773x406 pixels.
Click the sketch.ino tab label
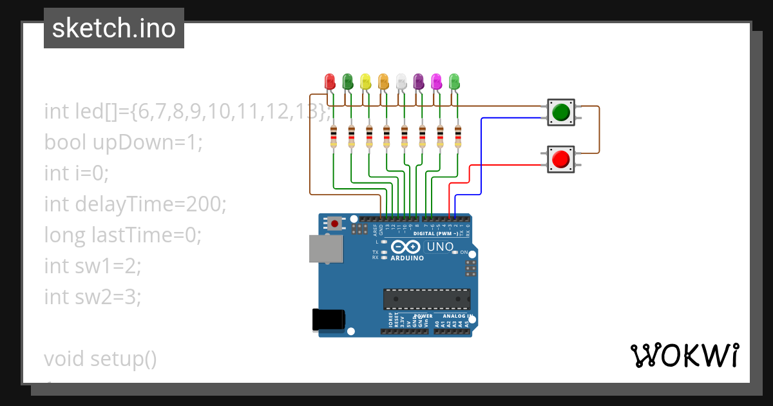114,28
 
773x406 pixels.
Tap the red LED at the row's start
330,81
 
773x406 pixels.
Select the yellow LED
365,81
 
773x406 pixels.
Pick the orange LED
383,81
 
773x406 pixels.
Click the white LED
401,81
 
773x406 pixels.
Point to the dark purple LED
419,81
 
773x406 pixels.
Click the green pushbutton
560,112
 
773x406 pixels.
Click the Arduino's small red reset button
335,224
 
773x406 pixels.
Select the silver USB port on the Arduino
322,249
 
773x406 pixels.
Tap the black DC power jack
328,320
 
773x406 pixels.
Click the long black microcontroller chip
426,299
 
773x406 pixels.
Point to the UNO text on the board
441,247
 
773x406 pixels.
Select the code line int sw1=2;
92,266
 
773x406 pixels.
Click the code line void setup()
100,358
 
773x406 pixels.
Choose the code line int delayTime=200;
135,204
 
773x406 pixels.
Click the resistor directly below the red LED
333,137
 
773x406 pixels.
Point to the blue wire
481,155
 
